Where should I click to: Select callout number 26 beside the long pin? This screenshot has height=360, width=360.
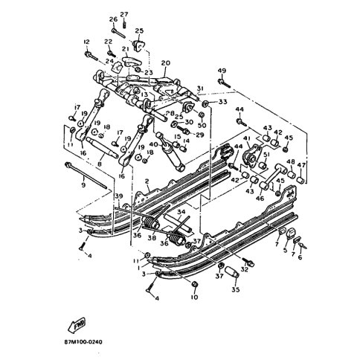coord(113,19)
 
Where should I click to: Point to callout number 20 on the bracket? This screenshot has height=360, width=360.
coord(164,63)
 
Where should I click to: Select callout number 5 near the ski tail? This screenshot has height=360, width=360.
coord(284,251)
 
